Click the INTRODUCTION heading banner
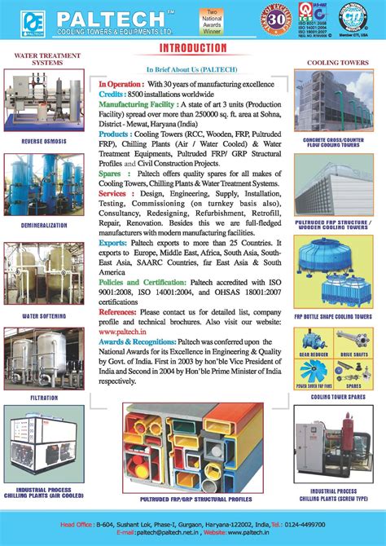pyautogui.click(x=193, y=49)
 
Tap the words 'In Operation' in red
pyautogui.click(x=121, y=84)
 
